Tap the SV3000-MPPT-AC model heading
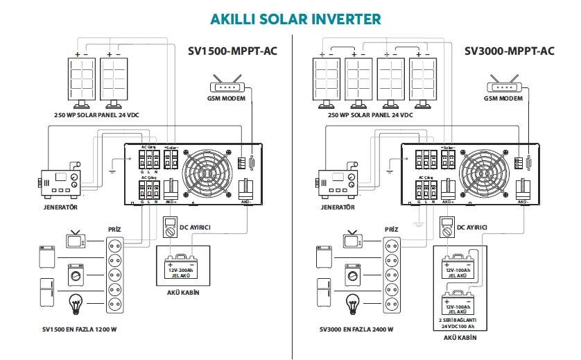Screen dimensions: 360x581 point(510,51)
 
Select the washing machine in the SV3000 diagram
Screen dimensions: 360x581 point(354,275)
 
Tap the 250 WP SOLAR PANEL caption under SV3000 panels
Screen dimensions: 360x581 point(372,115)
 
